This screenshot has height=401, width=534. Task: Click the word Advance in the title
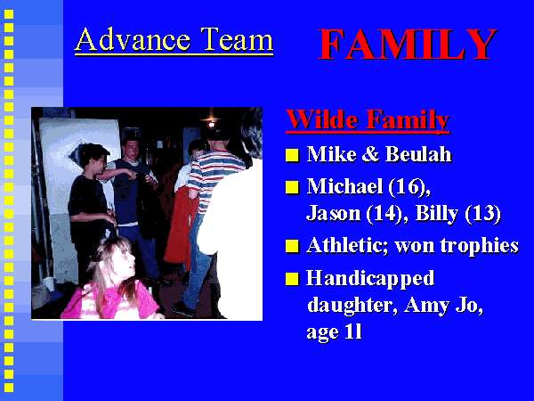click(x=133, y=39)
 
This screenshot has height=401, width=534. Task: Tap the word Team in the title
click(x=237, y=39)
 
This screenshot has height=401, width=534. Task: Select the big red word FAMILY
click(x=407, y=45)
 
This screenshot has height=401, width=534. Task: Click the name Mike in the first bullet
click(x=331, y=154)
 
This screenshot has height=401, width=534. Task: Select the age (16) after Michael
click(x=409, y=187)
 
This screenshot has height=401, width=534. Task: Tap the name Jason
click(x=333, y=214)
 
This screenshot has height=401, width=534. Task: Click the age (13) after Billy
click(x=482, y=214)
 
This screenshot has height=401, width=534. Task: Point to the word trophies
click(x=479, y=246)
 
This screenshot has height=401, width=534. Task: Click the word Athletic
click(x=347, y=245)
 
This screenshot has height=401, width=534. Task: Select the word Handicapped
click(x=370, y=279)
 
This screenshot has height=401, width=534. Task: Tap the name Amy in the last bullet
click(x=426, y=306)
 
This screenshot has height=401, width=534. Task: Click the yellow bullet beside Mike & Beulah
click(x=292, y=154)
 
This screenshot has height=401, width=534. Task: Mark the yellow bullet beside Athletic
click(x=292, y=246)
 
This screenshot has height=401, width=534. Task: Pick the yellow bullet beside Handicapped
click(x=292, y=278)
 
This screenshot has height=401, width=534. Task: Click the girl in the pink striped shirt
click(x=112, y=280)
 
